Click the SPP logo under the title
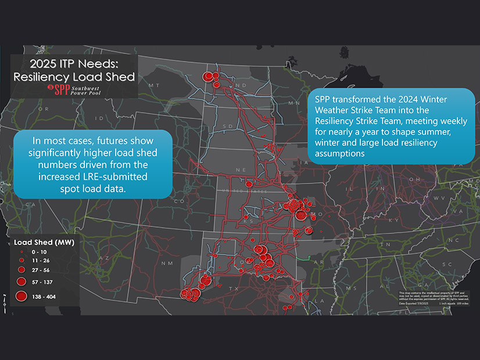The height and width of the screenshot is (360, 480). click(x=74, y=90)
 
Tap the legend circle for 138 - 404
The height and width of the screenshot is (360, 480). click(x=21, y=296)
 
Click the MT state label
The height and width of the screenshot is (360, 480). click(x=154, y=85)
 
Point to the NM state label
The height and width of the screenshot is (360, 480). click(x=163, y=263)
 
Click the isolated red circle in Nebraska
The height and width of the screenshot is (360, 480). click(x=249, y=183)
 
